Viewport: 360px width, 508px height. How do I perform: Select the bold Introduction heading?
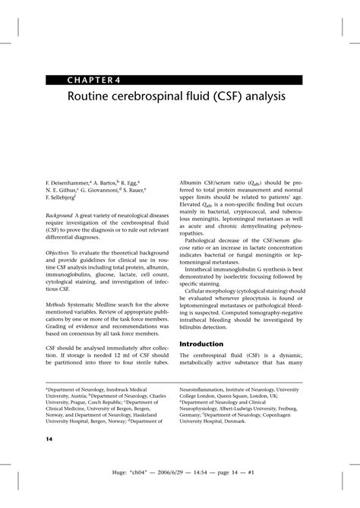[x=206, y=344]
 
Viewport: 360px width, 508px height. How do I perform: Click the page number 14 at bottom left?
[x=49, y=438]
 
